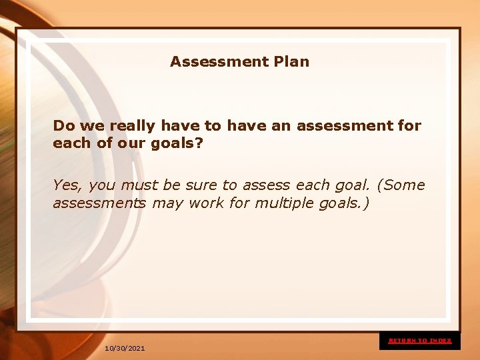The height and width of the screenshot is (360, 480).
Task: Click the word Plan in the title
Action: coord(291,62)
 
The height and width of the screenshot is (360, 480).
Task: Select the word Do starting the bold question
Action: coord(63,125)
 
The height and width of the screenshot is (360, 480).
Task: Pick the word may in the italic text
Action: coord(167,203)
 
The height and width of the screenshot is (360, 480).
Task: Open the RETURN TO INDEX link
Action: coord(420,341)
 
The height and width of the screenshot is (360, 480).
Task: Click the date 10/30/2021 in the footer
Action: coord(125,349)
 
